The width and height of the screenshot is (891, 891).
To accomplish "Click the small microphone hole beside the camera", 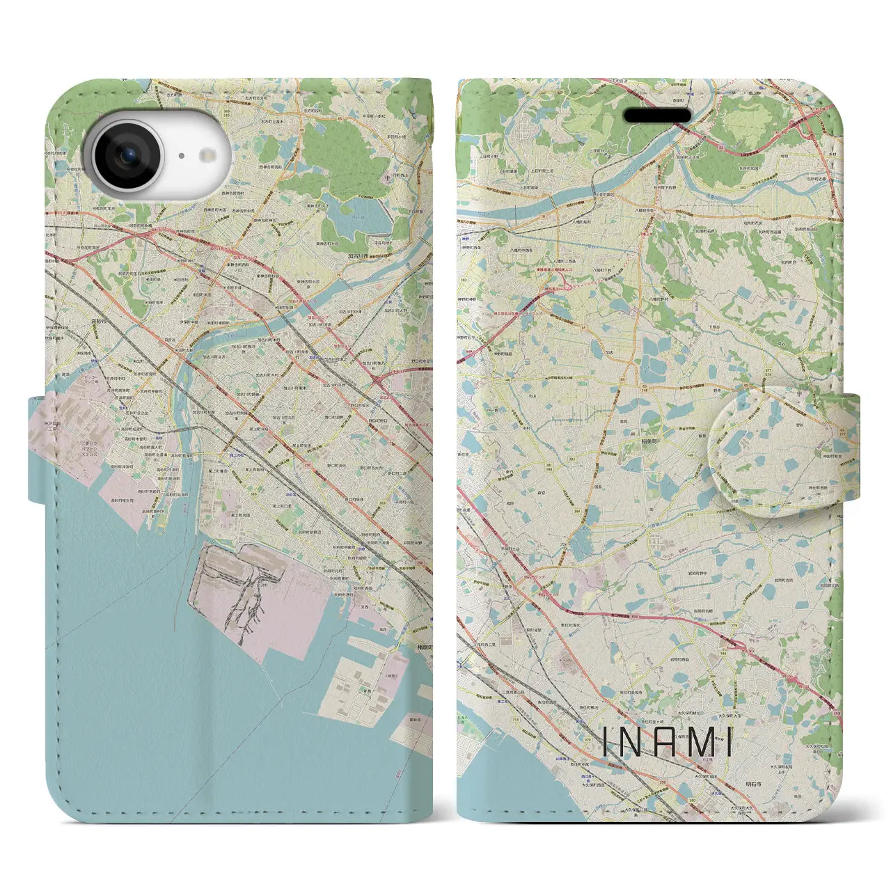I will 180,157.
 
